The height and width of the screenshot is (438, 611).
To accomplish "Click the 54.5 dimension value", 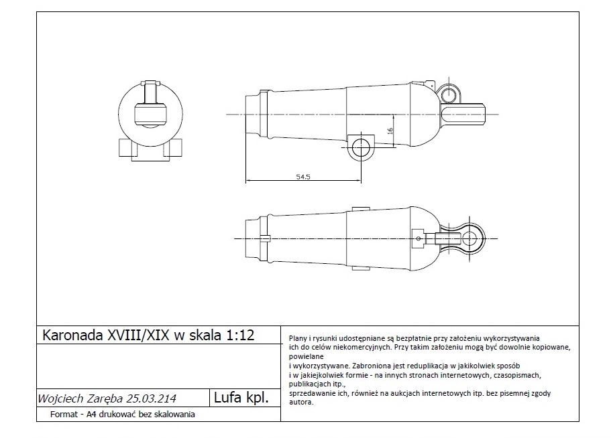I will (x=302, y=177).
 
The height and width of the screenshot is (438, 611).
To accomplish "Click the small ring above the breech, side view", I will (x=447, y=91).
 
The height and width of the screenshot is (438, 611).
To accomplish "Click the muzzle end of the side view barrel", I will (x=252, y=115).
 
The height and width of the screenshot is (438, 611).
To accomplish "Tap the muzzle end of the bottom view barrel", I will (x=252, y=238).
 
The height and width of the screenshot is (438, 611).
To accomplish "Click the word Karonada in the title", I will (x=72, y=336).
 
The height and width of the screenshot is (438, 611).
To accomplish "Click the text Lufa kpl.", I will (x=241, y=398).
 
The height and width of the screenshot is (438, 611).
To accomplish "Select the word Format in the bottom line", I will (x=64, y=415).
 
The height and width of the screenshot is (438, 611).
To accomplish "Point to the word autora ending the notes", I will (x=300, y=403).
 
